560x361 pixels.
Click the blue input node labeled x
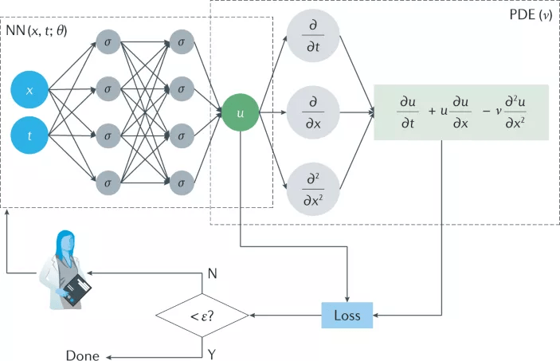pos(29,91)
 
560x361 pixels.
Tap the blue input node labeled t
pos(29,136)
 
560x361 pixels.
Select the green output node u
pos(241,113)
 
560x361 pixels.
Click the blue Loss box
pos(347,316)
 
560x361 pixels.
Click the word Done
pos(83,355)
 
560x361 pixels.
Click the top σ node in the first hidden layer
pos(108,40)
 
